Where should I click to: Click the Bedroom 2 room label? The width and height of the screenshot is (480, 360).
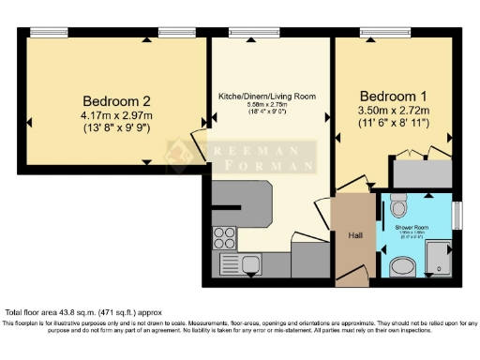tap(116, 100)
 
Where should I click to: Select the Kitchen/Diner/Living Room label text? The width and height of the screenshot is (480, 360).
tap(266, 97)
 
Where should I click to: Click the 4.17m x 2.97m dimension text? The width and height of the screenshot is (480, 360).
tap(116, 116)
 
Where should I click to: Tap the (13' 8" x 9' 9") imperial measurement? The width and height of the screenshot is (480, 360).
tap(116, 129)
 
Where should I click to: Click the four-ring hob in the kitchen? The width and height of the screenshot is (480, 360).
tap(224, 235)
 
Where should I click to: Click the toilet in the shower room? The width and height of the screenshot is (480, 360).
tap(399, 205)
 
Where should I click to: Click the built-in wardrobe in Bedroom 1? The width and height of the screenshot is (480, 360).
tap(421, 173)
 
